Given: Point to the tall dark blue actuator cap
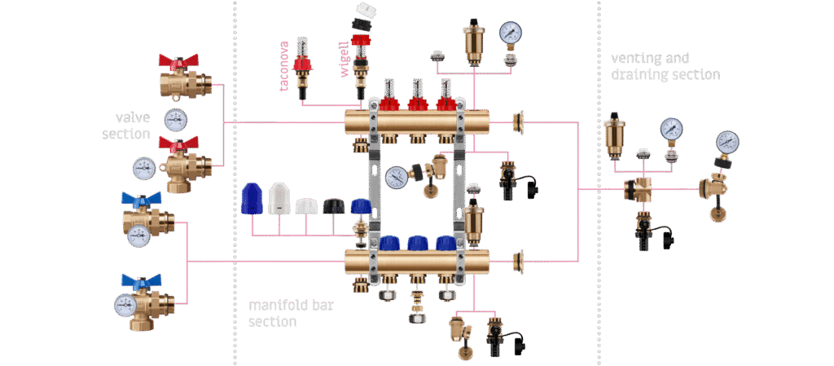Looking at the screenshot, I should (251, 199).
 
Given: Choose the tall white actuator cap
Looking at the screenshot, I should (279, 199).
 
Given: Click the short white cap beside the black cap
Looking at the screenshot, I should (306, 206).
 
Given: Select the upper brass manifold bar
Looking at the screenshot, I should (415, 123).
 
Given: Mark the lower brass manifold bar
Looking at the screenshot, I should (415, 262).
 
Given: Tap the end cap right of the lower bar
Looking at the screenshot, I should (517, 262).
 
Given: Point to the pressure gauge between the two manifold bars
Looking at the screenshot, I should (397, 177).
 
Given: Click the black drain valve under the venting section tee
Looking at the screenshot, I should (647, 231).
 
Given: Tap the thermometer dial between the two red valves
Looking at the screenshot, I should (175, 120).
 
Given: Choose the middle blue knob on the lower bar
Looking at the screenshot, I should (418, 243).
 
